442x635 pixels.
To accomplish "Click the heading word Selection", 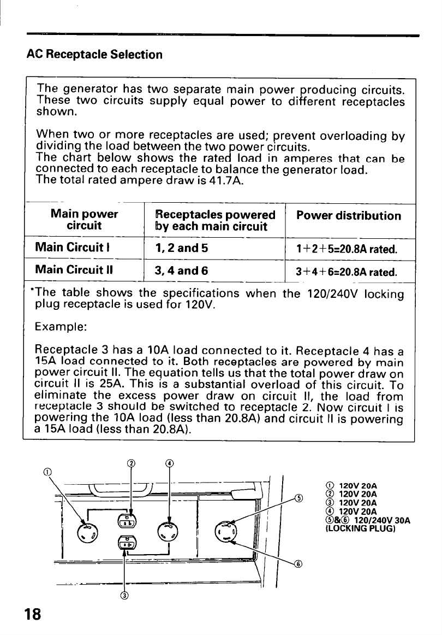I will pyautogui.click(x=136, y=55).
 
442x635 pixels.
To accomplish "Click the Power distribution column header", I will pyautogui.click(x=348, y=215).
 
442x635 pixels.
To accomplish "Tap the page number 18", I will pyautogui.click(x=32, y=615).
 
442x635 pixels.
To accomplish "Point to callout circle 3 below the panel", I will pyautogui.click(x=125, y=595).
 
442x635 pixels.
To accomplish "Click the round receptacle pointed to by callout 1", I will pyautogui.click(x=87, y=533).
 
